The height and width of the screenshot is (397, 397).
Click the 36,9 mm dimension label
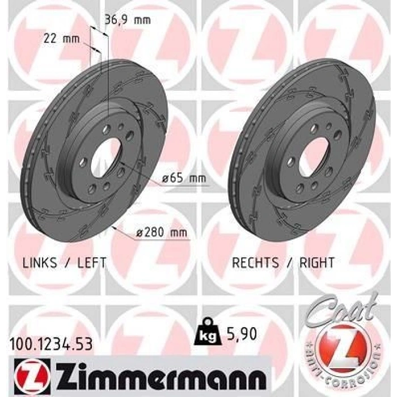128,20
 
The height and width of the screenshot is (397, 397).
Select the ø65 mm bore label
183,179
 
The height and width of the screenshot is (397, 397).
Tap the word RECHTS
255,263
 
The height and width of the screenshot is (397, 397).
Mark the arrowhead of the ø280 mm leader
115,227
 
